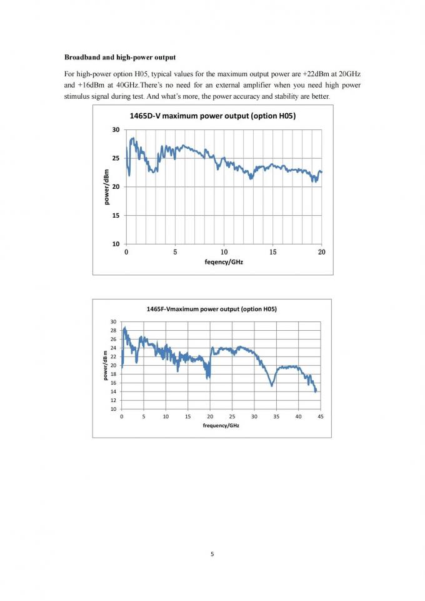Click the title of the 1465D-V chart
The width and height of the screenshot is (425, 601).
click(212, 116)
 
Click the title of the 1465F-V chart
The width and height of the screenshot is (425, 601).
click(211, 309)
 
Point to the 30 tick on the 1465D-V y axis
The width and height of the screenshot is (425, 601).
click(116, 130)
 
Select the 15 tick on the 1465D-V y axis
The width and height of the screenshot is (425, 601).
click(116, 216)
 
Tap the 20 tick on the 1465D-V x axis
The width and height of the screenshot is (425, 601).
click(322, 252)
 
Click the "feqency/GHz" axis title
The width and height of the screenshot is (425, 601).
click(224, 262)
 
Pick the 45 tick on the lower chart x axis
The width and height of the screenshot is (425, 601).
click(321, 416)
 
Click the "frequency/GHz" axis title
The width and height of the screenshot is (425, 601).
click(220, 425)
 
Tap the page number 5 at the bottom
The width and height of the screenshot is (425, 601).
click(212, 553)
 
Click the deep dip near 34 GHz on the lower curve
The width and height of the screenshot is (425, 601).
click(272, 385)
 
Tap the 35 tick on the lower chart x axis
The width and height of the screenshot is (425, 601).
click(276, 416)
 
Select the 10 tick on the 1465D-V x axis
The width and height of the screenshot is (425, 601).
click(224, 252)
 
